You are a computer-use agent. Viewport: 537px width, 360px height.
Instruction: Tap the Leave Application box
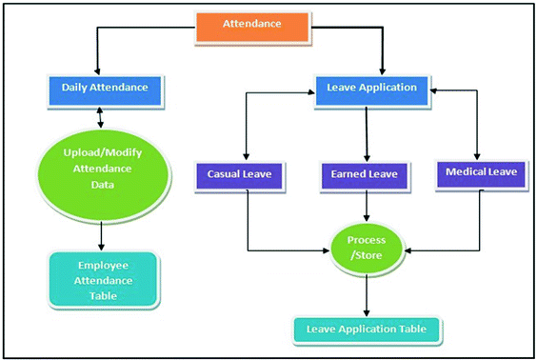[x=371, y=88]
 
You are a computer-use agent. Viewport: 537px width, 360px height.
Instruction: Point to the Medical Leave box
[x=480, y=172]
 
